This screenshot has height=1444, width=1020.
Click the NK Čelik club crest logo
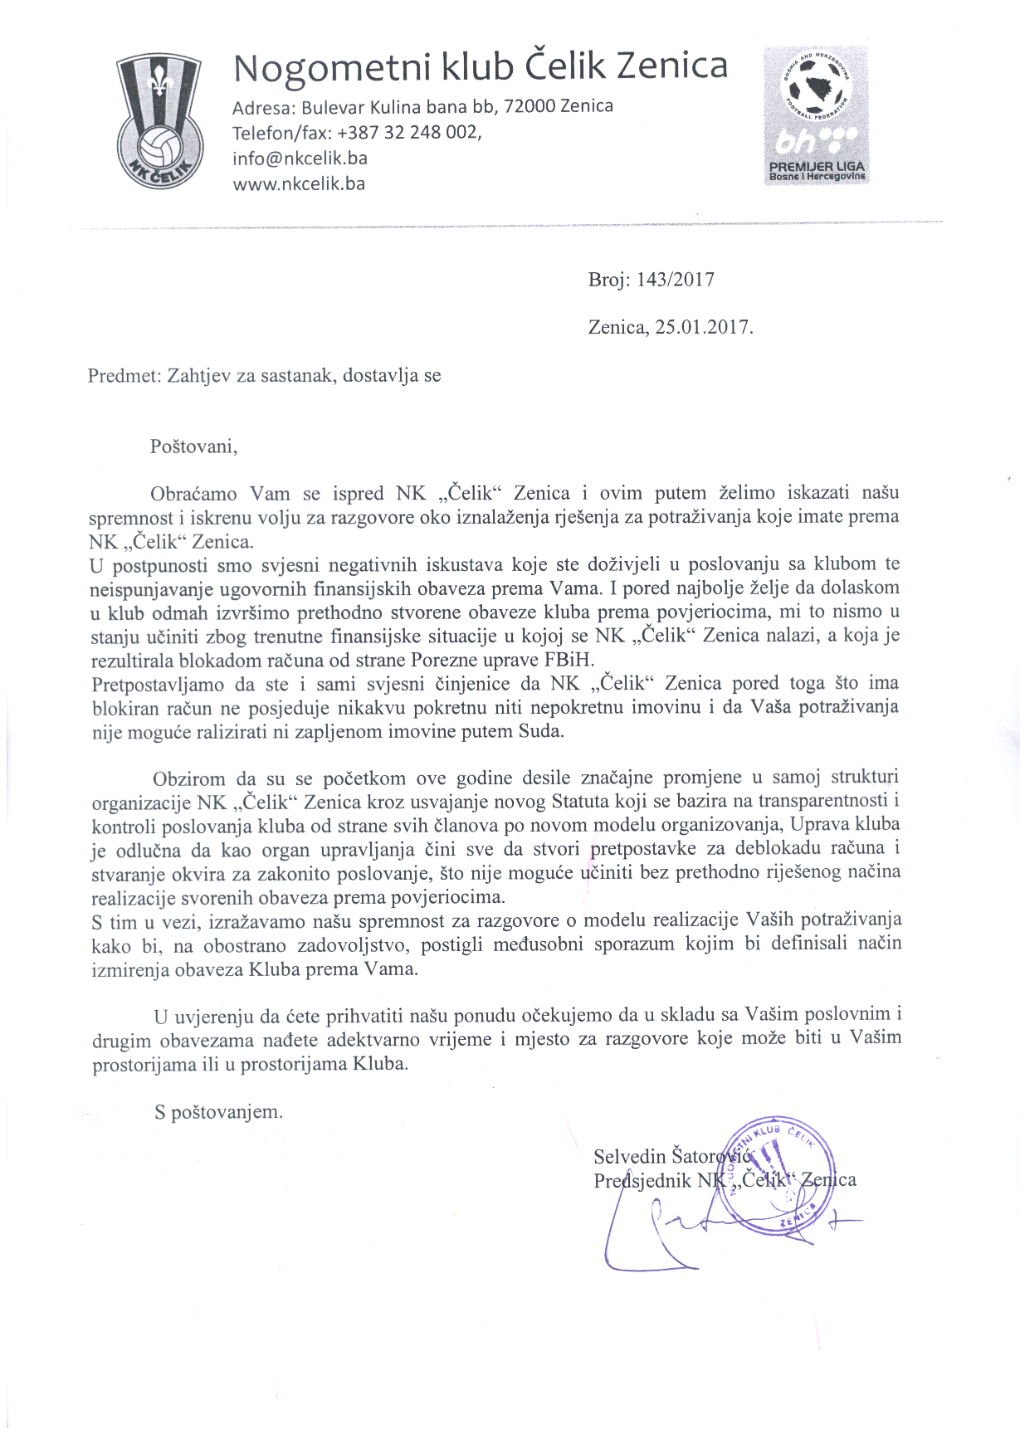tap(159, 121)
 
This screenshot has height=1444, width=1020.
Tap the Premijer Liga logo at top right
tap(817, 115)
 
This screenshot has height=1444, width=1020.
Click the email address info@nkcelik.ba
tap(300, 158)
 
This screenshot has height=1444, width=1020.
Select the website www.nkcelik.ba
tap(299, 183)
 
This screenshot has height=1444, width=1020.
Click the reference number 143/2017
tap(675, 280)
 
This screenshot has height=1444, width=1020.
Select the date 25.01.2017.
tap(704, 327)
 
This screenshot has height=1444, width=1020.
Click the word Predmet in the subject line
tap(122, 375)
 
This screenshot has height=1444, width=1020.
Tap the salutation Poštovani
tap(193, 446)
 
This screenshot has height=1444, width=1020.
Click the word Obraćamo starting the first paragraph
tap(193, 494)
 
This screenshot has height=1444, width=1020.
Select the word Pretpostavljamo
tap(158, 684)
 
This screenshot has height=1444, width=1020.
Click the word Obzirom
tap(189, 778)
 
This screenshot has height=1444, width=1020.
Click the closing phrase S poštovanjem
tap(218, 1112)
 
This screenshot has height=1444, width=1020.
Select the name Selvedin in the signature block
tap(630, 1156)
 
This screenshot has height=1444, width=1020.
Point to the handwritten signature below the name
tap(664, 1228)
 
